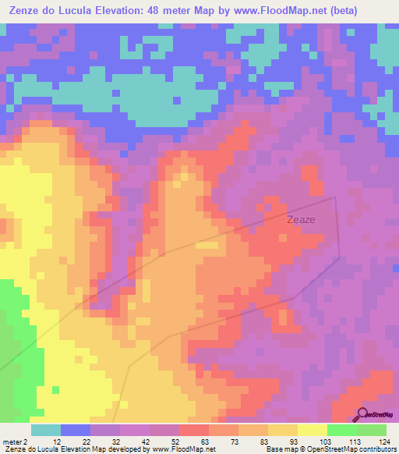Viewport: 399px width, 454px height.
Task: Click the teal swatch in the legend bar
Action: (45, 430)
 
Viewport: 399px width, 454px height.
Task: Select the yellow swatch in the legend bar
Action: (312, 430)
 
